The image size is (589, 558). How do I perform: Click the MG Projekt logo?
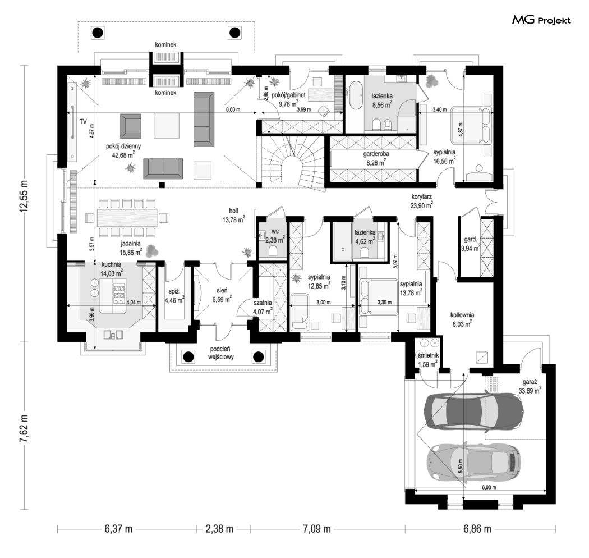541,20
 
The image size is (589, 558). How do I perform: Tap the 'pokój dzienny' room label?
123,147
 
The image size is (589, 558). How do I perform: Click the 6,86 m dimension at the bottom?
477,529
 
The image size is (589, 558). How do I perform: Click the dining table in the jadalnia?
128,218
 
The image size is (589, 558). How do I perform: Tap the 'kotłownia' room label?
462,315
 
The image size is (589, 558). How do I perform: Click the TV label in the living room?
83,121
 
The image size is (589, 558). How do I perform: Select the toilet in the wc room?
273,251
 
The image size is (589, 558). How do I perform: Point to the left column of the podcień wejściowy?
188,356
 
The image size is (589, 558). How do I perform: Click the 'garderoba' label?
376,154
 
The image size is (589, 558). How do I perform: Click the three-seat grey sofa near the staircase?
203,119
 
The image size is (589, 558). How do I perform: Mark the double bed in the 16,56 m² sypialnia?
471,125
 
